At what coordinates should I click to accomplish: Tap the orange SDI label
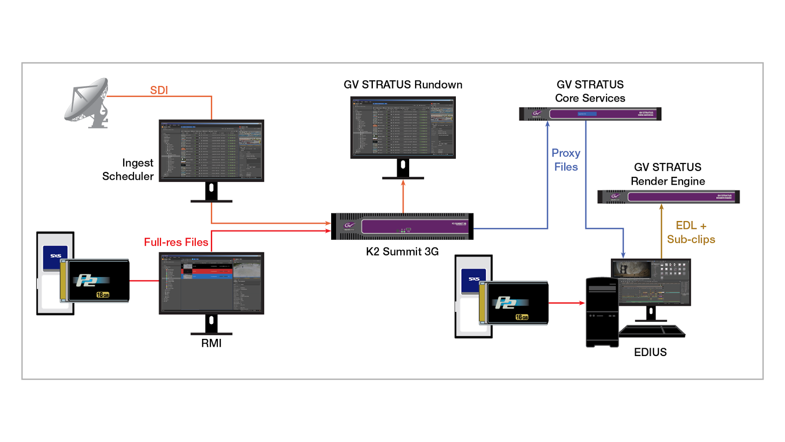coord(159,90)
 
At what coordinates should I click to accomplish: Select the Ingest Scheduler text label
coord(129,169)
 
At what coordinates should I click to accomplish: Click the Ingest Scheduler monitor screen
coord(211,150)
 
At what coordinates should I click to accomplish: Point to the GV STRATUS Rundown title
coord(403,84)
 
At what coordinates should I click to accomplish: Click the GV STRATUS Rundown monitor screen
coord(403,127)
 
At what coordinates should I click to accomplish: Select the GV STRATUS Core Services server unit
coord(590,114)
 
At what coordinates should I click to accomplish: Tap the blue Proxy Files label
coord(566,160)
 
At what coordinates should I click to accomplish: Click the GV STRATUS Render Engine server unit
coord(668,197)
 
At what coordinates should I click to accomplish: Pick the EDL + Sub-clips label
coord(691,232)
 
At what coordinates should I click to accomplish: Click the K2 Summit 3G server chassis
coord(402,226)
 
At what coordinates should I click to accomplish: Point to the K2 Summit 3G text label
coord(402,251)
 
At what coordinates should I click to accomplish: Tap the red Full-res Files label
coord(176,242)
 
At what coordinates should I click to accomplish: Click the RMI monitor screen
coord(211,283)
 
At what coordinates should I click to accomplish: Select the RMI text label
coord(211,343)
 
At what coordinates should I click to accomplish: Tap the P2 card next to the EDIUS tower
coord(515,303)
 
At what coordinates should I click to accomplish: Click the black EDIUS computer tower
coord(602,312)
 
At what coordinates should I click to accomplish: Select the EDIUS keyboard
coord(653,331)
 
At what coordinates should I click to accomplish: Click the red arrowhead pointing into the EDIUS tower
coord(582,303)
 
